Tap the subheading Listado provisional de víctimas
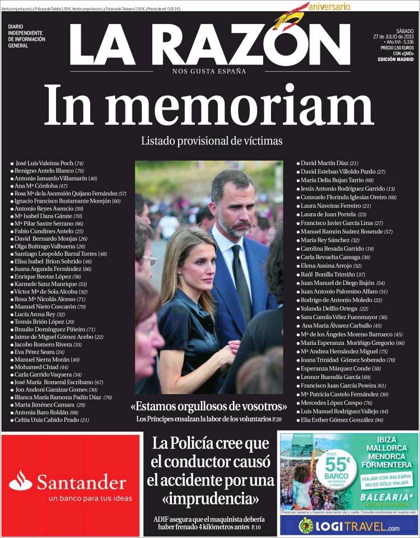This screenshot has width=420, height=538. coord(211,141)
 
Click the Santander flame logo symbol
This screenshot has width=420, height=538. coord(20,480)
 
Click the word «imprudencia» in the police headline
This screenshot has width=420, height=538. coord(211,498)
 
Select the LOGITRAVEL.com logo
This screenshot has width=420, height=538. coord(349,526)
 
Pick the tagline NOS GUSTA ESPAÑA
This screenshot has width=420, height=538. coord(209,71)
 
